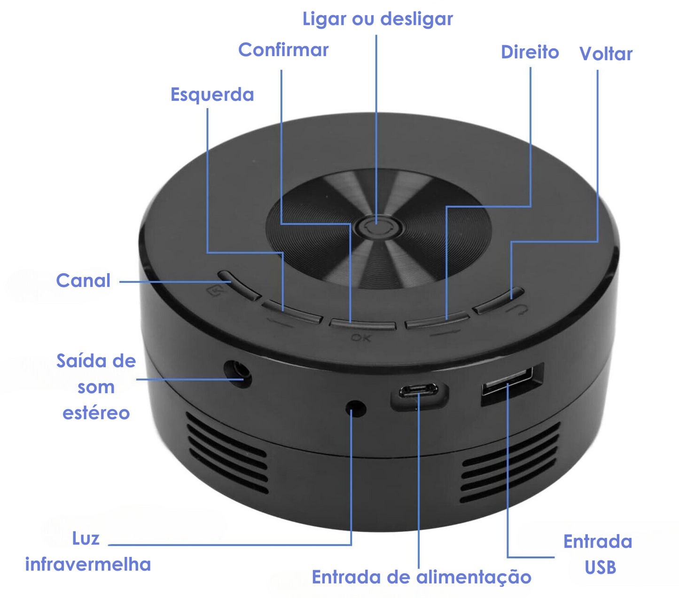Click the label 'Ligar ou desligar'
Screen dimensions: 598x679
377,19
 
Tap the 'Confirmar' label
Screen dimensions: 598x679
283,50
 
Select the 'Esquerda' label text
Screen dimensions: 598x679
212,94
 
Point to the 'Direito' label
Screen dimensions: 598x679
530,52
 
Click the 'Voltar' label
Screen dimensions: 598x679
606,54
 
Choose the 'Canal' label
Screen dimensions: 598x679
83,281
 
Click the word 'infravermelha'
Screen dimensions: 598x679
88,564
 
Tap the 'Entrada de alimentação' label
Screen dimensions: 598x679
421,577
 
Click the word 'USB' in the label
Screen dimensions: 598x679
600,567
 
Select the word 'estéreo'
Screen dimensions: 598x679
96,413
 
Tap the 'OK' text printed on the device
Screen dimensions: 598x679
361,338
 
